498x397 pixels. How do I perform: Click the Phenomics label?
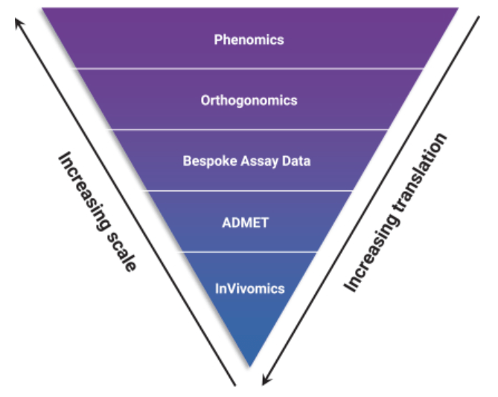(249, 39)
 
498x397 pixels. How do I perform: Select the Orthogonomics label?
(249, 100)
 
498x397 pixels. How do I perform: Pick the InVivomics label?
(249, 288)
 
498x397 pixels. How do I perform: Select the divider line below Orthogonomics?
(249, 129)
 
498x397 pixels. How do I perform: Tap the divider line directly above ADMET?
(249, 190)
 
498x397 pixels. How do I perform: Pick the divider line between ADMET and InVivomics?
(249, 252)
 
